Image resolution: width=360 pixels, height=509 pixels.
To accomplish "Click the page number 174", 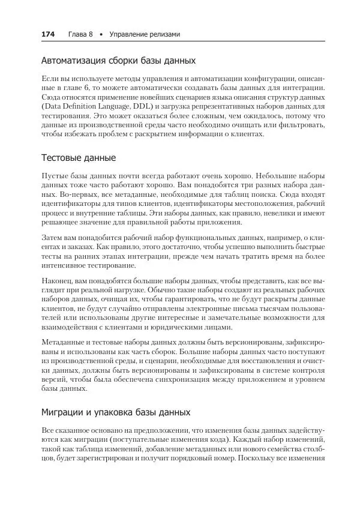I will coord(47,34).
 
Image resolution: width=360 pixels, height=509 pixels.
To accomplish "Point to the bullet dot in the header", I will coord(101,34).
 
